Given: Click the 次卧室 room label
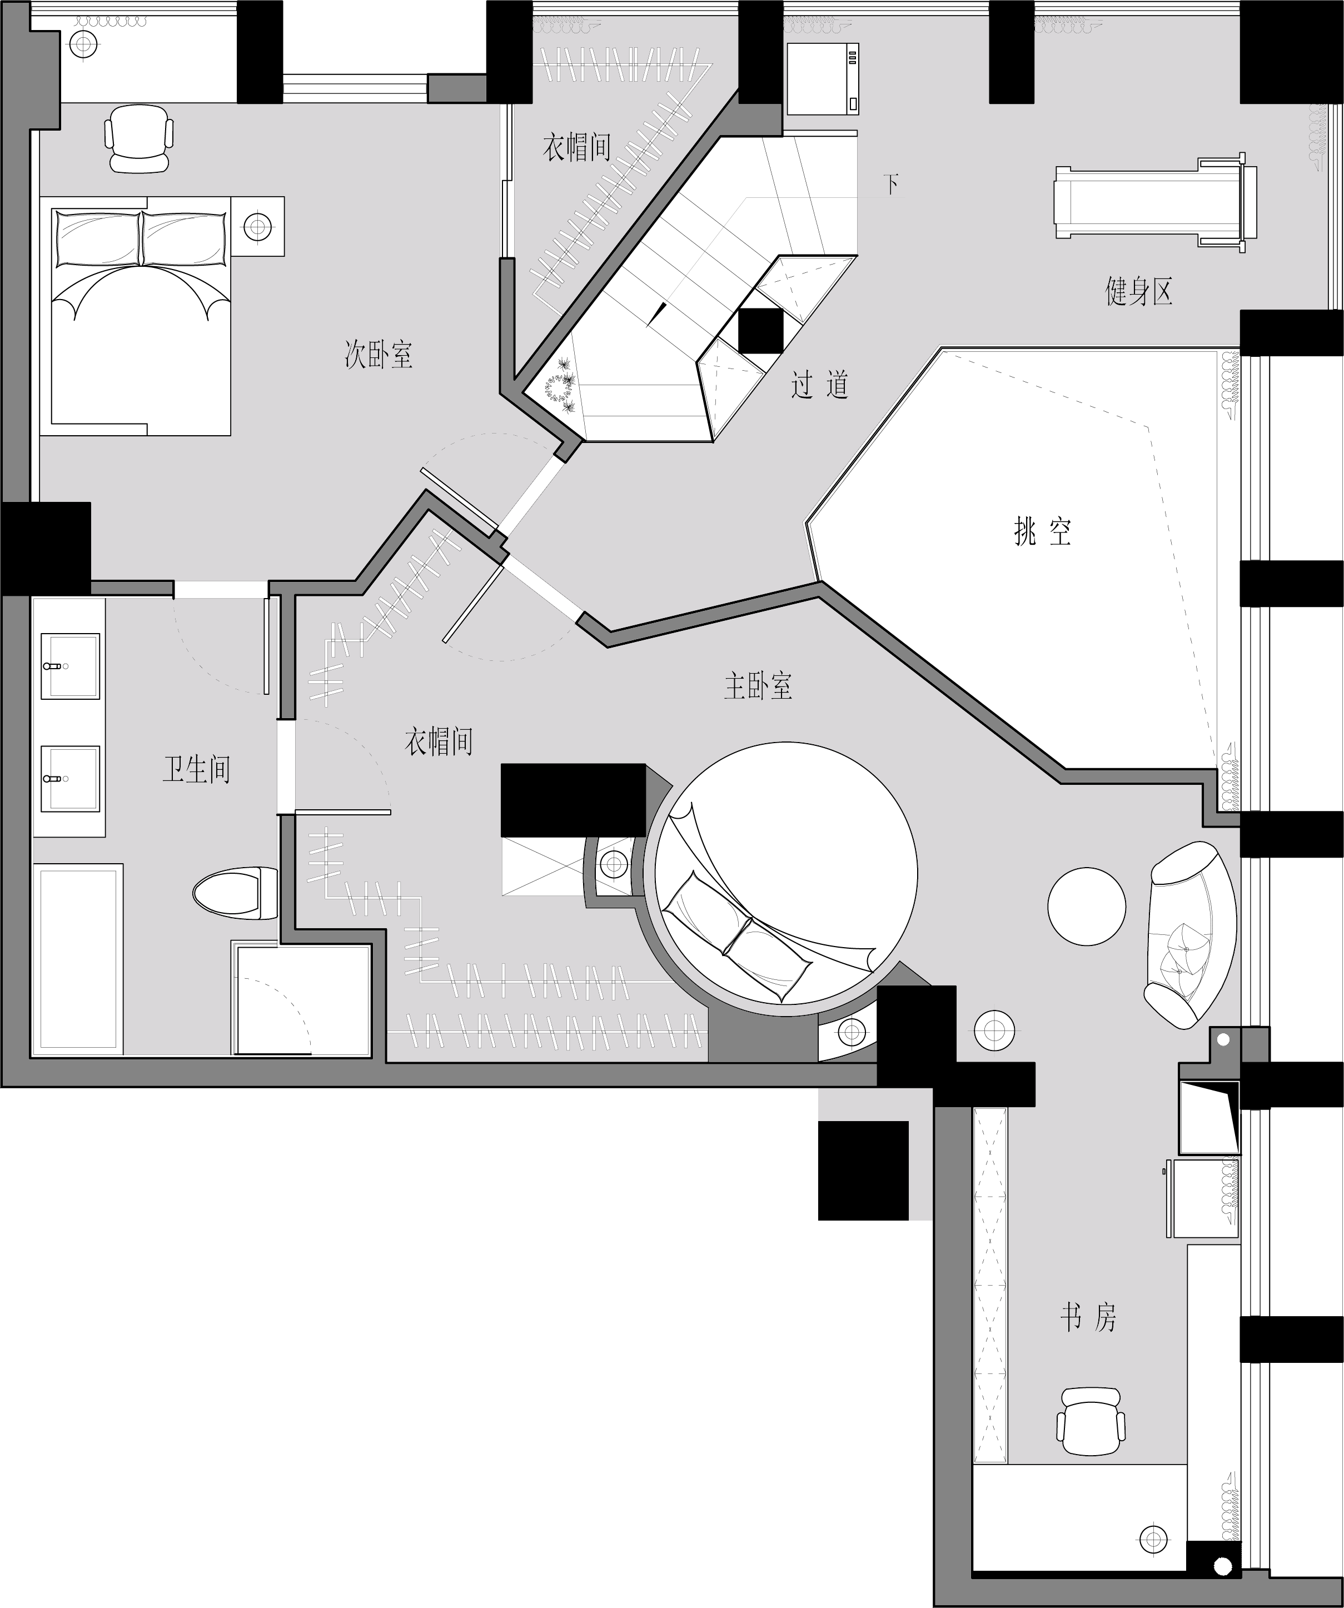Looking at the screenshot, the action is click(x=379, y=355).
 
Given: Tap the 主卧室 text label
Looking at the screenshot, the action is click(x=758, y=686).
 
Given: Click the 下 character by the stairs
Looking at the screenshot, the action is click(x=890, y=185).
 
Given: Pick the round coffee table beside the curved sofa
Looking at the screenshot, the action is click(x=1087, y=906).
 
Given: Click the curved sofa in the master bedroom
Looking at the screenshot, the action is click(x=1189, y=935).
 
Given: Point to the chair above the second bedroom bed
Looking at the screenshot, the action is click(x=138, y=138).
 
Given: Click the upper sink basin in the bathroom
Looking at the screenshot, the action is click(x=69, y=665).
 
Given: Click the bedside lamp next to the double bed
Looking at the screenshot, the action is click(x=257, y=226).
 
